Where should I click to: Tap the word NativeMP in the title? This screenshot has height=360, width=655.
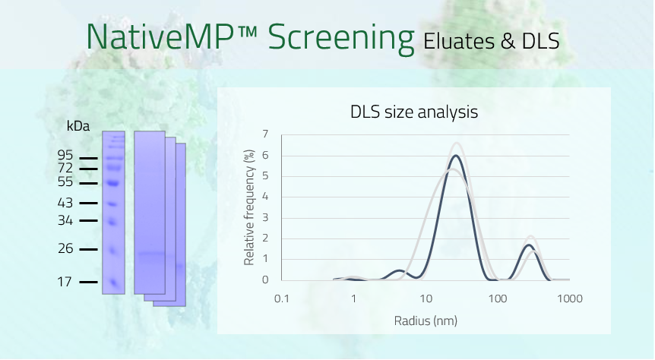click(x=160, y=36)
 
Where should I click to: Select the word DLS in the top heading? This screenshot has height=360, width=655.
click(x=540, y=41)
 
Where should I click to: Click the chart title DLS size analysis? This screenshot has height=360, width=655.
click(x=414, y=112)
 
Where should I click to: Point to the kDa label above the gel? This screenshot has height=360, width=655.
click(x=78, y=126)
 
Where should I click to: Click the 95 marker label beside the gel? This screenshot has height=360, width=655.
click(x=65, y=155)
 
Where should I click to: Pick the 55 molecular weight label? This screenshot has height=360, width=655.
click(x=65, y=182)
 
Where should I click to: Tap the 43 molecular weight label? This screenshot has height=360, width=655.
click(x=65, y=203)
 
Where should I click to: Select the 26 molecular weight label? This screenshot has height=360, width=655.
click(x=65, y=248)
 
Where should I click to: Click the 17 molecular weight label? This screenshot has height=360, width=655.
click(x=65, y=282)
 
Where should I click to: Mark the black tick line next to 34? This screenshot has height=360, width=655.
click(x=89, y=220)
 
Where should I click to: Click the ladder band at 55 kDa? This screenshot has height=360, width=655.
click(x=113, y=183)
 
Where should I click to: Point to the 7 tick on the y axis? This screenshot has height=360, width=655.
click(x=265, y=134)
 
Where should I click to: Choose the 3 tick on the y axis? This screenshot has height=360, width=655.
click(x=265, y=217)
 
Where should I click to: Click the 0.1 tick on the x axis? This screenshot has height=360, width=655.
click(x=282, y=298)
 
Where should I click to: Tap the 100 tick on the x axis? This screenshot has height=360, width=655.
click(x=498, y=298)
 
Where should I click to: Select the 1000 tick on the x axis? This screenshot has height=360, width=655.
click(x=570, y=298)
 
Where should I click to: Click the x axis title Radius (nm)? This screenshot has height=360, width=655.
click(x=426, y=321)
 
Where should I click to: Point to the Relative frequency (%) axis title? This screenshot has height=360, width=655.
click(x=249, y=207)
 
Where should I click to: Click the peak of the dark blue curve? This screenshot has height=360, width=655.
click(x=456, y=156)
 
